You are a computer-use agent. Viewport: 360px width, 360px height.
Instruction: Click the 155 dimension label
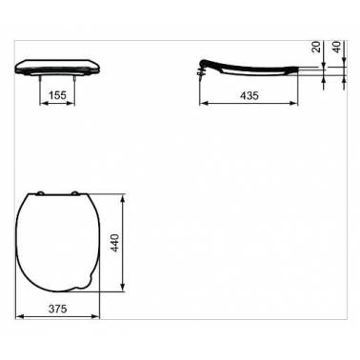click(58, 95)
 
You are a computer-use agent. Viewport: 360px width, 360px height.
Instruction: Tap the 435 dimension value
click(250, 95)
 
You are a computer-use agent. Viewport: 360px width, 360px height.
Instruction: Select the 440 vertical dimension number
click(115, 243)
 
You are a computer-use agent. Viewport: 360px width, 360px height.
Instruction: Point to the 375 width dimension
click(58, 309)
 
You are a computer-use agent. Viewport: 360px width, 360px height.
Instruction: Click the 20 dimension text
click(316, 47)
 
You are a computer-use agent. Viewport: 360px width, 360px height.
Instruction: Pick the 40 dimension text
click(337, 47)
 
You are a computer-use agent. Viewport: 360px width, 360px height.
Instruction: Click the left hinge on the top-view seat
click(40, 193)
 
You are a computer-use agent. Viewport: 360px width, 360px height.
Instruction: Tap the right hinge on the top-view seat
click(75, 193)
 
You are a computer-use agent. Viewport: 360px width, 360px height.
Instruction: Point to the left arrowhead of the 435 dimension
click(203, 103)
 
